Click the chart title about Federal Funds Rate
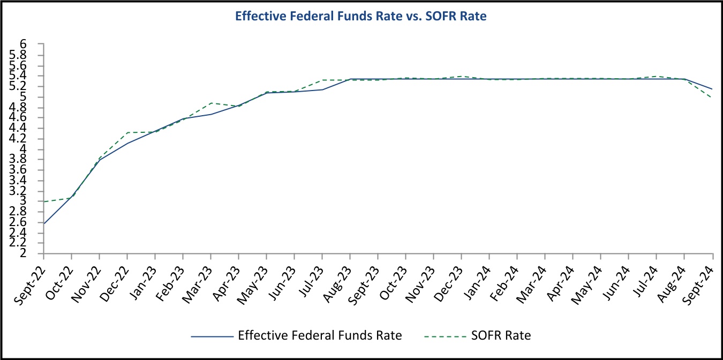[x=361, y=17]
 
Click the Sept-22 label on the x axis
[x=29, y=275]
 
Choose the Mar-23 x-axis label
[x=198, y=274]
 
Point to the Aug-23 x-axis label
[x=337, y=274]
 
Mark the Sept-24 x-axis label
[x=699, y=275]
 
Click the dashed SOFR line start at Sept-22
[x=44, y=201]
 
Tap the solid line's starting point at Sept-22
[x=44, y=223]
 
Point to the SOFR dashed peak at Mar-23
[x=211, y=103]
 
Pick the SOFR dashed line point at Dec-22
[x=127, y=132]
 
